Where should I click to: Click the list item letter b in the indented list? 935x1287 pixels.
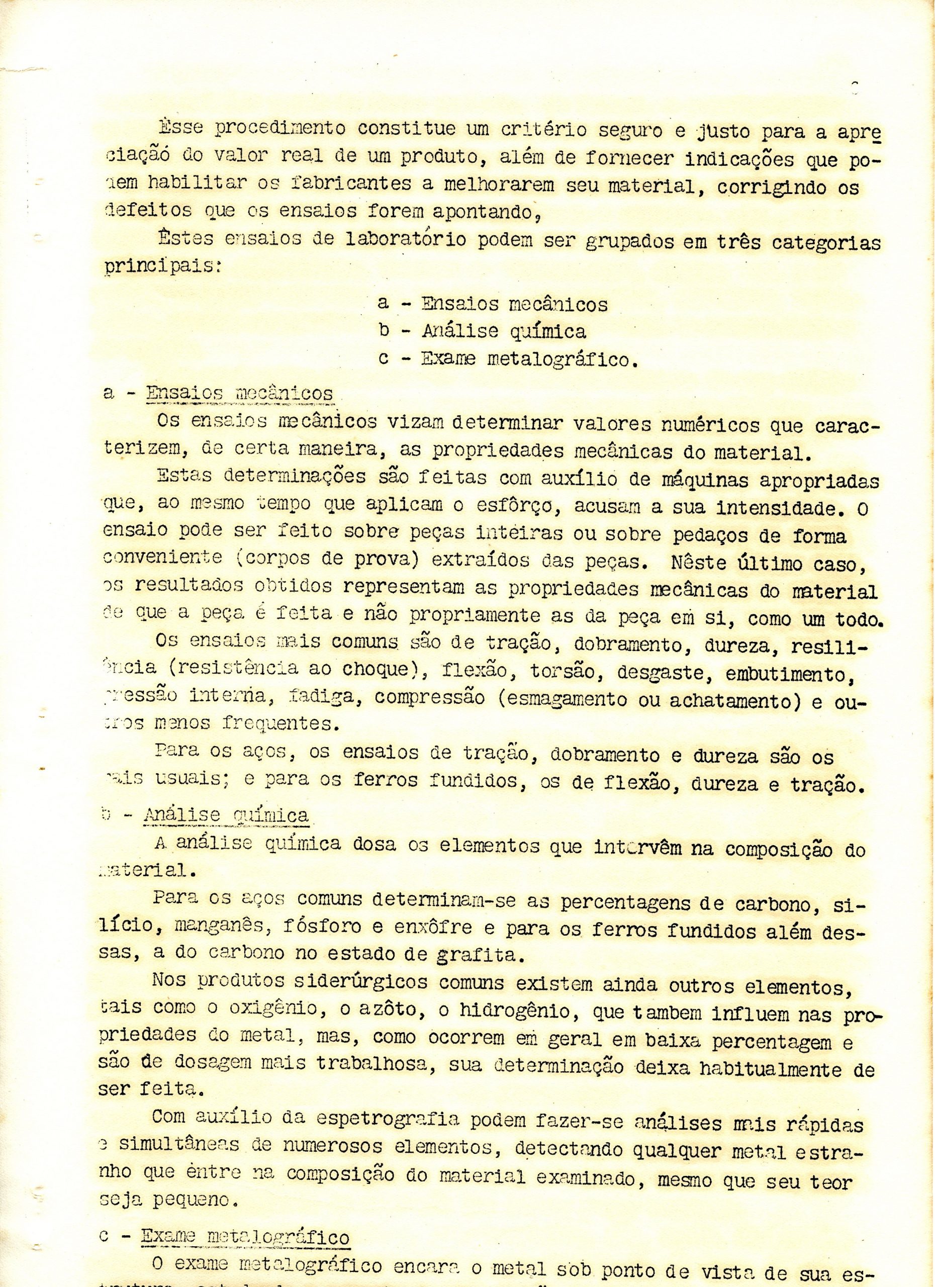[x=384, y=331]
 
